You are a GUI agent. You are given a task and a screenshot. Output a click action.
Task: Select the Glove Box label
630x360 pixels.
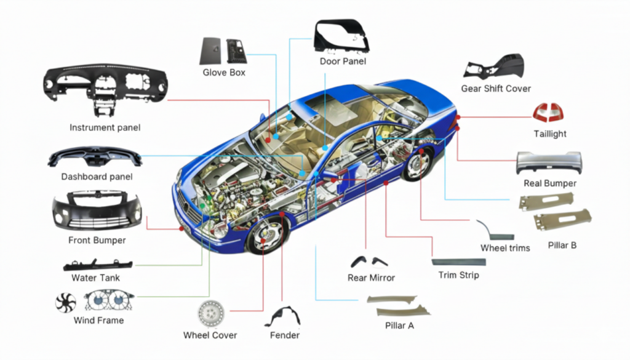pos(224,73)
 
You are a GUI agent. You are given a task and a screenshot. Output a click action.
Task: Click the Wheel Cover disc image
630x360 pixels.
pos(210,313)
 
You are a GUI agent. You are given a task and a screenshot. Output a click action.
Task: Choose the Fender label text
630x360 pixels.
pos(285,335)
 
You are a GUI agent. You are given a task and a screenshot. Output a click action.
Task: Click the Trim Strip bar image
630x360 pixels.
pos(458,262)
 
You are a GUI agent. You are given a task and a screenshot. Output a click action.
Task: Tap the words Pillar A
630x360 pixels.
pos(399,325)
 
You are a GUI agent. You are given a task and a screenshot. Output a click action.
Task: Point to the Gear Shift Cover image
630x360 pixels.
pos(495,67)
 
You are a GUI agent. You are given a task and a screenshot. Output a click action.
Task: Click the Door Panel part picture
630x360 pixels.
pos(341,37)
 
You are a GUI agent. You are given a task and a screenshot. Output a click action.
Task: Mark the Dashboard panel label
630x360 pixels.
pos(97,177)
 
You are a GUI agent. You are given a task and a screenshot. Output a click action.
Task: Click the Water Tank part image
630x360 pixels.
pos(97,265)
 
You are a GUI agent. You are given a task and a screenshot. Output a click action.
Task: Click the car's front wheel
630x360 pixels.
pos(266,235)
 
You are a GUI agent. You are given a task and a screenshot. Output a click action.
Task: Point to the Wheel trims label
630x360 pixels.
pos(505,248)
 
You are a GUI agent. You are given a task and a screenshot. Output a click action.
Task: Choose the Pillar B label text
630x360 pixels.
pos(562,246)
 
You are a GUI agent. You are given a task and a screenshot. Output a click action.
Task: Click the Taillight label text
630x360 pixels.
pos(550,134)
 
